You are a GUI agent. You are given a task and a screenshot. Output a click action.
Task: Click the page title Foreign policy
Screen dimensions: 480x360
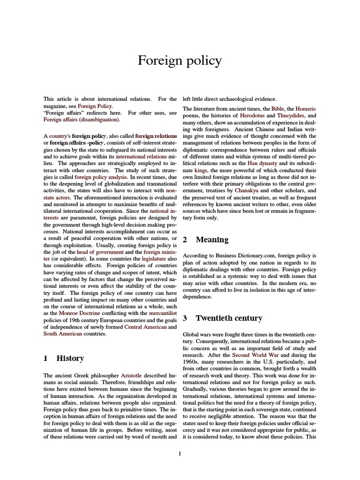coord(180,61)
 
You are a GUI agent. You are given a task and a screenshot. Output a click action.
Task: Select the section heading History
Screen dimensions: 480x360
coord(70,359)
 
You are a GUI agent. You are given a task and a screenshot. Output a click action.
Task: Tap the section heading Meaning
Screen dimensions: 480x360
coord(212,240)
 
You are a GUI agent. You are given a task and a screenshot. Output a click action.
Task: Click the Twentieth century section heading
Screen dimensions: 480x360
coord(229,318)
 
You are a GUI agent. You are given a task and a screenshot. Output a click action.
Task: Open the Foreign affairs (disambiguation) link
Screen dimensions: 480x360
coord(82,120)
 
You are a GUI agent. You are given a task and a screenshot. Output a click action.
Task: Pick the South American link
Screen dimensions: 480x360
coord(63,334)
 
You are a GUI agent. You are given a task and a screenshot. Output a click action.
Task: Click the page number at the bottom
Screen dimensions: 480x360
coord(180,453)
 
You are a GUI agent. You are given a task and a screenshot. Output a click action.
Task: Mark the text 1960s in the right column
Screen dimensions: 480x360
coord(191,362)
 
